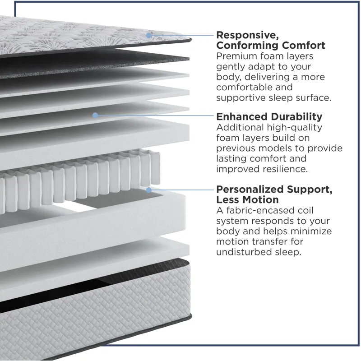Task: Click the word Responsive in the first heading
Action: [247, 35]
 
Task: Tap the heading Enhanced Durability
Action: [269, 116]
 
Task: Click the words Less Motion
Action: [247, 199]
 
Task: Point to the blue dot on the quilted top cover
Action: [149, 36]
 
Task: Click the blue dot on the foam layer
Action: [95, 115]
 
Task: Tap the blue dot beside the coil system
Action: [149, 190]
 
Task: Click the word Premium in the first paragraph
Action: [236, 56]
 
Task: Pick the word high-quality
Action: [295, 128]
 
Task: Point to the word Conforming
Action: [247, 46]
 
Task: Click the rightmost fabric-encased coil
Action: [155, 168]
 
